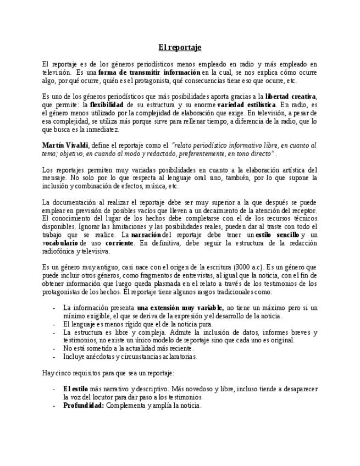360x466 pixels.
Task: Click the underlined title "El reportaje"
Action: click(x=179, y=47)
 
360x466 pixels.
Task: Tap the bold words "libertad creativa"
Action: click(x=291, y=96)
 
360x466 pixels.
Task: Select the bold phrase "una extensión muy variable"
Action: click(x=180, y=308)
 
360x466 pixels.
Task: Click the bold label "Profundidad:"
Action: click(x=84, y=406)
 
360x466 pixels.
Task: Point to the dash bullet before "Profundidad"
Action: click(x=53, y=406)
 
